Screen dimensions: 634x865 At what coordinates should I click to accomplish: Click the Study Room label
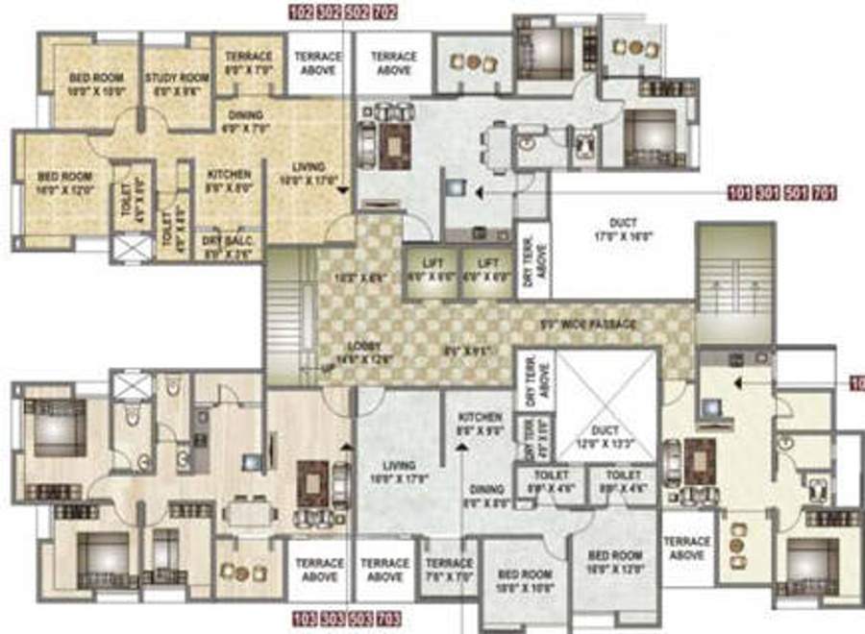point(176,78)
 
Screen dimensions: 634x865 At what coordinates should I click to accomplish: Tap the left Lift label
point(430,261)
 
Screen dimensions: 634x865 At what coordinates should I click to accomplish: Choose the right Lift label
point(487,261)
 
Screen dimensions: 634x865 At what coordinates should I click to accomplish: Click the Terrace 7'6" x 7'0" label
point(449,569)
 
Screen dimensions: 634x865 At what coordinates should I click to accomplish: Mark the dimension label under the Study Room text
point(176,92)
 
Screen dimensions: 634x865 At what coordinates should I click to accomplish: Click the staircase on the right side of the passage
point(734,284)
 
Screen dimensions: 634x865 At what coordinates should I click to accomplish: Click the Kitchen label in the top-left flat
point(229,175)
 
